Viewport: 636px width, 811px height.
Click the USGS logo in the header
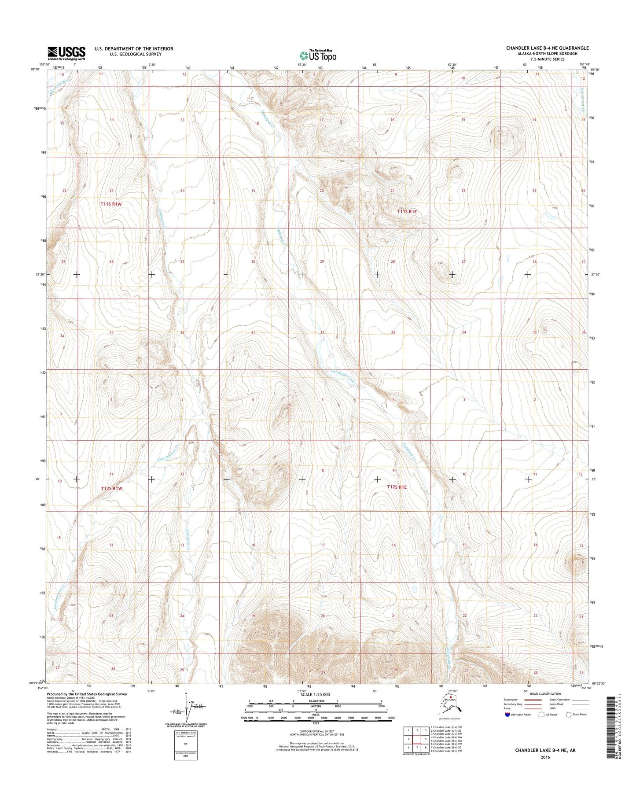click(x=66, y=53)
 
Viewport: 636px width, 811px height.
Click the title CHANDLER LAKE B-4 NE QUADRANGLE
click(x=547, y=48)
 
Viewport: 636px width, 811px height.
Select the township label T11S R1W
click(x=110, y=204)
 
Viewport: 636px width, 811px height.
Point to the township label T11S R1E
click(x=407, y=212)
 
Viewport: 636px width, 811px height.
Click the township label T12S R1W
click(x=111, y=488)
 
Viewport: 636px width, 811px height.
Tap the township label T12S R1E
click(x=397, y=487)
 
